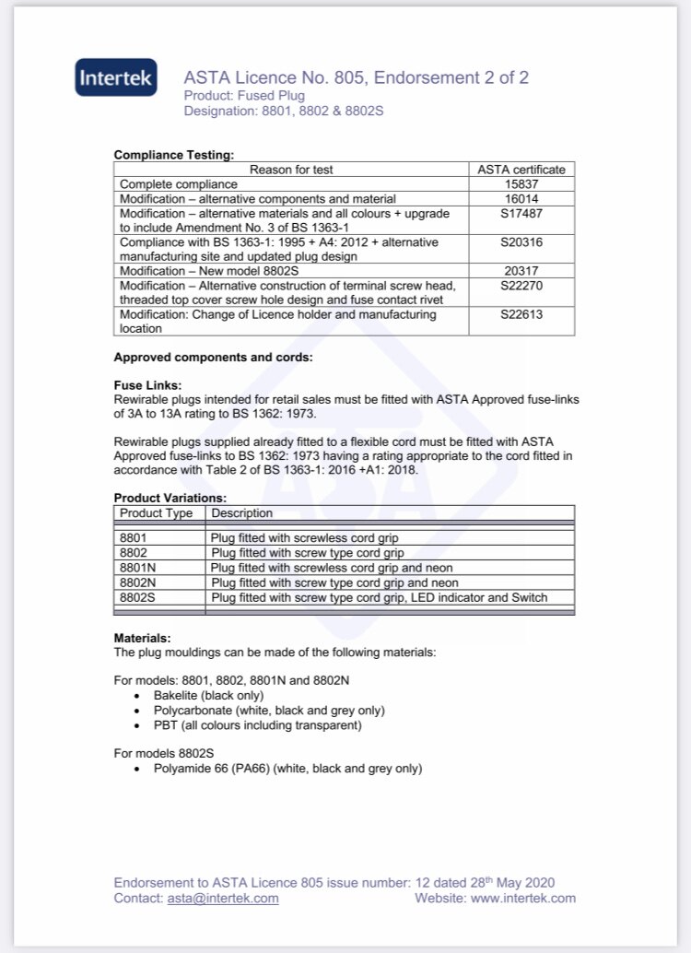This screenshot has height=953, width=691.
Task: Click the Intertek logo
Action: click(116, 78)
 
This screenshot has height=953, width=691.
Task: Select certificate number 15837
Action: click(521, 184)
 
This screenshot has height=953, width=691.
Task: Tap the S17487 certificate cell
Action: click(521, 214)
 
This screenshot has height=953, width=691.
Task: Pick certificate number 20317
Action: click(521, 271)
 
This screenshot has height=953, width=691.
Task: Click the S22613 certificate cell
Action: click(521, 314)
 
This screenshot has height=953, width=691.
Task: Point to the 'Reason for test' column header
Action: click(291, 170)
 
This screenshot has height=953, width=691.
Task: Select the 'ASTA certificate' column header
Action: click(521, 170)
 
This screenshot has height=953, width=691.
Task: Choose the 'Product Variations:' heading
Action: click(170, 498)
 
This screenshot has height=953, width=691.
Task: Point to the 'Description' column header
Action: click(242, 512)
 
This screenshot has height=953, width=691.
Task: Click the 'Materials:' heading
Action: click(142, 637)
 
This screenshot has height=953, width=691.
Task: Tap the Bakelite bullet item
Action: click(208, 695)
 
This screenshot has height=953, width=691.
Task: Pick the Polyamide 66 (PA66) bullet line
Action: click(287, 768)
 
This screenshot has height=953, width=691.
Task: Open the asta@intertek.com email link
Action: click(222, 898)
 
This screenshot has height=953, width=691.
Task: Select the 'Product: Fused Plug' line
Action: click(244, 95)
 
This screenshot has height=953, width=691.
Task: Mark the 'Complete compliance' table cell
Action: click(179, 184)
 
